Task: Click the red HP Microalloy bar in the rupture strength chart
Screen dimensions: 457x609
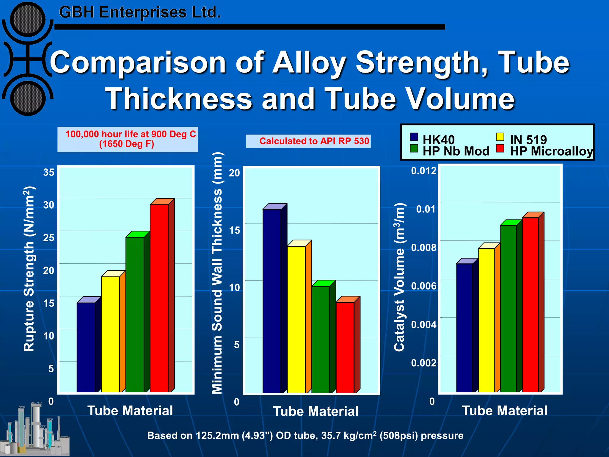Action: tap(159, 298)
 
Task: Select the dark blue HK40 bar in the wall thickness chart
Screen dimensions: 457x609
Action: tap(271, 301)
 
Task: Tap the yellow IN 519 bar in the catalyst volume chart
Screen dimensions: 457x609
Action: tap(486, 320)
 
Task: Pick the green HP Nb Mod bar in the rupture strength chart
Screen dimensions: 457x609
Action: tap(135, 314)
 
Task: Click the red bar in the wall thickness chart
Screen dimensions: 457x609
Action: tap(345, 347)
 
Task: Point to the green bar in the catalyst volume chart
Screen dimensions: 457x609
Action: tap(508, 308)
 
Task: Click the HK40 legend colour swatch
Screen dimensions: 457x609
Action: tap(414, 137)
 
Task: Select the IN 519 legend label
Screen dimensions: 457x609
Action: tap(528, 140)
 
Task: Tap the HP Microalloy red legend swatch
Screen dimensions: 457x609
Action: tap(500, 148)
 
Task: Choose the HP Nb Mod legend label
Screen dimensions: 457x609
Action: tap(456, 151)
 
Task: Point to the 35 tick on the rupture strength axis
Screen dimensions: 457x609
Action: tap(49, 172)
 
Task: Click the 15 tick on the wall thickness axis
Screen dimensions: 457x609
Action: tap(234, 230)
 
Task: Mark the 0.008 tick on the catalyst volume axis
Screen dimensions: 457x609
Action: tap(424, 248)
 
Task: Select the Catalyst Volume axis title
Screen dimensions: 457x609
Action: tap(399, 277)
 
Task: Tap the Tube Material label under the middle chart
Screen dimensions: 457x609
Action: tap(316, 411)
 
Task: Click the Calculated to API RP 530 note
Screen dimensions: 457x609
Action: tap(314, 141)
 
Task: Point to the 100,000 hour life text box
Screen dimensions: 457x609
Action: tap(128, 139)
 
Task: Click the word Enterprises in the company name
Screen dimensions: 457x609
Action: tap(143, 12)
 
